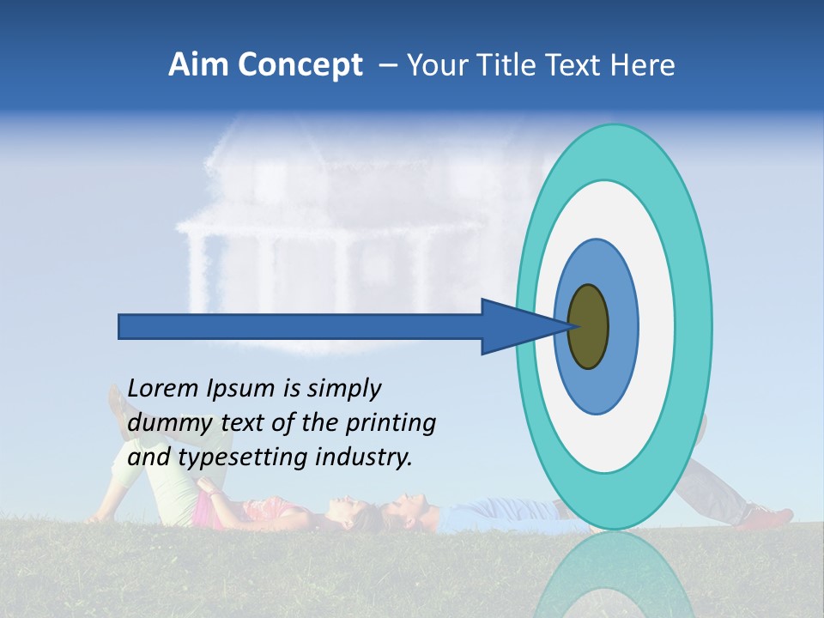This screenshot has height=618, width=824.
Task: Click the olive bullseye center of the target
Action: [x=589, y=327]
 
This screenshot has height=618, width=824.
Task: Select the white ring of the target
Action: [x=657, y=327]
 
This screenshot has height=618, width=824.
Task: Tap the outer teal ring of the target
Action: [x=695, y=327]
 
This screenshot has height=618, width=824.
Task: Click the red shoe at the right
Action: [x=768, y=517]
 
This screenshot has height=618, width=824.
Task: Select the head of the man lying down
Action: [x=408, y=506]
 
